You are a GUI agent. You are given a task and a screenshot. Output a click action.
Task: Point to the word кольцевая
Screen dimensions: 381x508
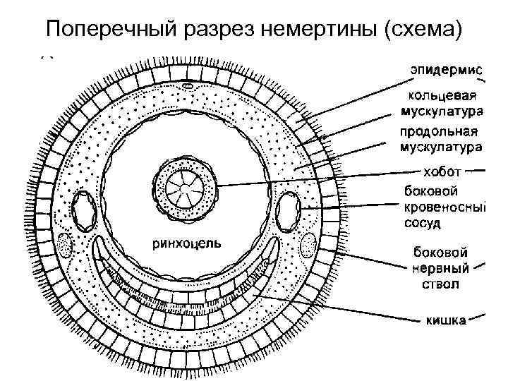click(x=442, y=97)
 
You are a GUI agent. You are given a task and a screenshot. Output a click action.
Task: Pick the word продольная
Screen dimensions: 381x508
click(x=439, y=133)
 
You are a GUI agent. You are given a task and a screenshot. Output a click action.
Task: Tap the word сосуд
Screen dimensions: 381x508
click(x=423, y=224)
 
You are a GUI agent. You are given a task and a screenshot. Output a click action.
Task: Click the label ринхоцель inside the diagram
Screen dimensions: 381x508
click(x=187, y=243)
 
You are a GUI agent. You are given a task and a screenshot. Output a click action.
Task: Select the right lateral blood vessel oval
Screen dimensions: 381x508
click(x=289, y=210)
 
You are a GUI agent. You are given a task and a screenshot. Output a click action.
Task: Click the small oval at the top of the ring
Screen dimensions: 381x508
click(x=188, y=86)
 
